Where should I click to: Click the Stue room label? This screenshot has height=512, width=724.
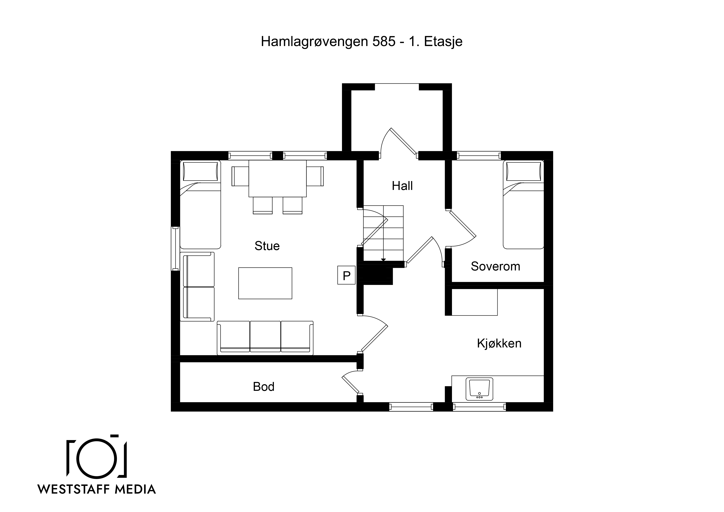coord(267,246)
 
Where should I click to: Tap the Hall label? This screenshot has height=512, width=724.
coord(402,186)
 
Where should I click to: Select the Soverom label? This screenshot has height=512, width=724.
coord(495,267)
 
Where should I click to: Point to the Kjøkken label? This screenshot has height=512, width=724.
coord(499,343)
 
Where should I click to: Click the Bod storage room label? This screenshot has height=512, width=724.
coord(264,387)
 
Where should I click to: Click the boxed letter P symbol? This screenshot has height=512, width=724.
coord(347,275)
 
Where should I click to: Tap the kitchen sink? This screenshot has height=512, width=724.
coord(479,389)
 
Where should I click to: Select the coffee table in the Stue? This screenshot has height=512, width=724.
coord(265,283)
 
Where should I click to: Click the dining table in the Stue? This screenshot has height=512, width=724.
coord(278,179)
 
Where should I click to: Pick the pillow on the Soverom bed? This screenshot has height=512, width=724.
coord(523,171)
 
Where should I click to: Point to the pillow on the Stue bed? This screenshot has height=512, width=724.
coord(200,171)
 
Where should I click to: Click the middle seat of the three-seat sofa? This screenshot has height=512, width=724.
coord(265,336)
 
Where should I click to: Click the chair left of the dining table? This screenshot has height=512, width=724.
coord(240,176)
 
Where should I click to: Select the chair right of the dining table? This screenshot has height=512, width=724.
coord(315,176)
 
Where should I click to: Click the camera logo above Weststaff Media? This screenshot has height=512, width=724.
coord(97,456)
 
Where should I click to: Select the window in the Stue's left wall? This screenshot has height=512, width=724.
coord(175,249)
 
